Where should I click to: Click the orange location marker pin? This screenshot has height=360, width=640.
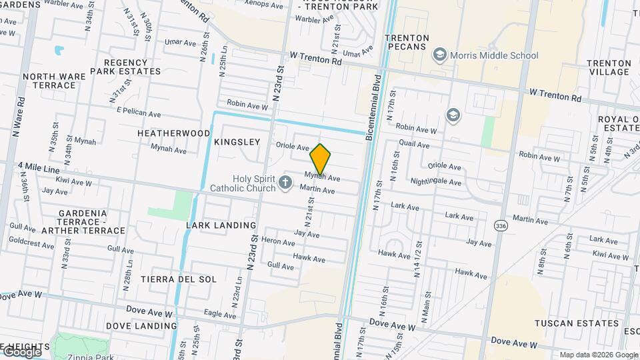pyautogui.click(x=321, y=158)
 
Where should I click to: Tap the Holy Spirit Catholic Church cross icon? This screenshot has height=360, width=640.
pyautogui.click(x=286, y=182)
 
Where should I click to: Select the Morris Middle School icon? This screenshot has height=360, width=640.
pyautogui.click(x=439, y=55)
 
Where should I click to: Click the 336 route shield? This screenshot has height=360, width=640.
pyautogui.click(x=500, y=226)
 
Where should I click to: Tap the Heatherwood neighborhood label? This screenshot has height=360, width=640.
pyautogui.click(x=173, y=133)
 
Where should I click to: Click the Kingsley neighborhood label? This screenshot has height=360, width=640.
pyautogui.click(x=237, y=142)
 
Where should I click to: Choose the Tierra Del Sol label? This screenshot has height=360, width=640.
pyautogui.click(x=178, y=279)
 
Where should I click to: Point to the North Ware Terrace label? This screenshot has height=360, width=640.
pyautogui.click(x=54, y=81)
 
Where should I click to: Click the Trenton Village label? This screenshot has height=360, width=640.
pyautogui.click(x=609, y=67)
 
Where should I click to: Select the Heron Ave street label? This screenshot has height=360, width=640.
pyautogui.click(x=278, y=242)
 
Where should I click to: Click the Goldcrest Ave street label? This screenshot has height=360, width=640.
pyautogui.click(x=31, y=245)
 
